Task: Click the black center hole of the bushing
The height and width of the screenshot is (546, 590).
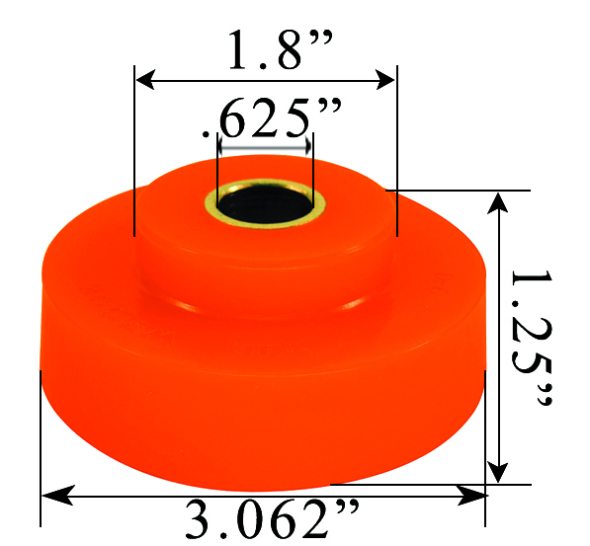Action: tap(264, 206)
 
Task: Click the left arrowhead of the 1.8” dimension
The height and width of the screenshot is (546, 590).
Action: tap(142, 76)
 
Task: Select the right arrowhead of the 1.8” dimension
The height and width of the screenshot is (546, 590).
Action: tap(387, 76)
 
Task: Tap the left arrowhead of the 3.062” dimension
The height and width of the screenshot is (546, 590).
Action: tap(49, 493)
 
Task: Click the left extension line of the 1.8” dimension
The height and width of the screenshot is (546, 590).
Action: tap(133, 148)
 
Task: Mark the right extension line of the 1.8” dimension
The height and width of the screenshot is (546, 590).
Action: tap(395, 148)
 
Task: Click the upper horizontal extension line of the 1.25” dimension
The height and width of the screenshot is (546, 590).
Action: tap(464, 190)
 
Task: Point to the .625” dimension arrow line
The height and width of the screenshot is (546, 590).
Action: tap(265, 145)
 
